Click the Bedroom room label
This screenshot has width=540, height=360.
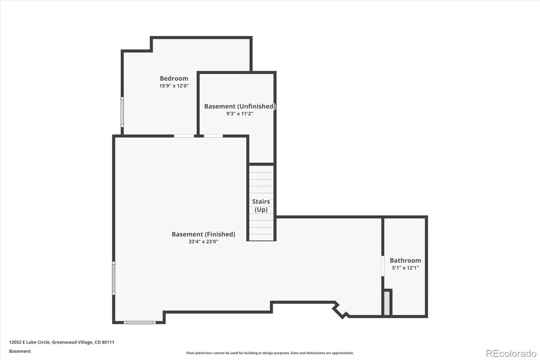point(174,78)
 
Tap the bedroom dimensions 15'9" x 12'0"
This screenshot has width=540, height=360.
point(174,86)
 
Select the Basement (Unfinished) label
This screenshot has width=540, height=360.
point(240,106)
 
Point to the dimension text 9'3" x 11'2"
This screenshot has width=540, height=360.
point(240,114)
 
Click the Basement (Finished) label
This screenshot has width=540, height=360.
point(204,234)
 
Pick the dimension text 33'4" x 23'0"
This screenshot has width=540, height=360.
point(203,241)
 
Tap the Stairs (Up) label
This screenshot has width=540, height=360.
point(261,206)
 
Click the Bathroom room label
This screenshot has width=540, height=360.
point(405,260)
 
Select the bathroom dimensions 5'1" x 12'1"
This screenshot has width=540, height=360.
point(405,267)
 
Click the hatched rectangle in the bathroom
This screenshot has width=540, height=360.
point(387,303)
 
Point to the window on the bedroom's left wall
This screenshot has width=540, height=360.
point(122,112)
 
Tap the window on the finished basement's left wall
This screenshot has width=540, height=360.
point(114,278)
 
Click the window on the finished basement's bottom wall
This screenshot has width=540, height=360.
point(140,323)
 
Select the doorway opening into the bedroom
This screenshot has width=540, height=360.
point(184,136)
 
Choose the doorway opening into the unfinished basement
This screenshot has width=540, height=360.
point(213,136)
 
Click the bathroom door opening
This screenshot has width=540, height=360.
point(383,266)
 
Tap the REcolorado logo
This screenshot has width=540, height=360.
point(511,354)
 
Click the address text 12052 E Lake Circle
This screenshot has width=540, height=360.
point(29,342)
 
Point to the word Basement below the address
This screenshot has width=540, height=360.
point(20,351)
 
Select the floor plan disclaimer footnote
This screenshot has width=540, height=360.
point(270,353)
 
